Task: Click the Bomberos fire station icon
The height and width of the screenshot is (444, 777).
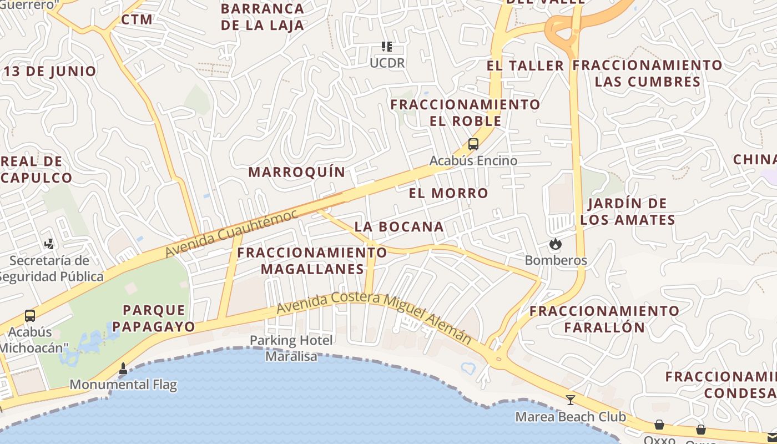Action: pos(554,244)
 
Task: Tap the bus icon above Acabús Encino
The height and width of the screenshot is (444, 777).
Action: pos(473,144)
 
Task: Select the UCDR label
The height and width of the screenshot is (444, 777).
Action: pos(387,63)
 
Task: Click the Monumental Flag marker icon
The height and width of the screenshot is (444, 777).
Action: pos(123,368)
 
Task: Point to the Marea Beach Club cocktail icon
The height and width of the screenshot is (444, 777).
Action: pos(570,400)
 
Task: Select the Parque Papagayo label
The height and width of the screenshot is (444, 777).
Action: pos(154,318)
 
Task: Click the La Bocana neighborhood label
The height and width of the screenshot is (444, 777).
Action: pos(399,226)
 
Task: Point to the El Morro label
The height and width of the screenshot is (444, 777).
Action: pos(448,193)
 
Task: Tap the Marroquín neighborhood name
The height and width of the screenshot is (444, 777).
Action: pos(296,172)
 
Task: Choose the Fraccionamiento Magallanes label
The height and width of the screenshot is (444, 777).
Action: pos(312,261)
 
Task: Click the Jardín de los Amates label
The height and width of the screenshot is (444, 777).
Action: pos(628,211)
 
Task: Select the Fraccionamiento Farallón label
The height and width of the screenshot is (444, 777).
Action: pos(604,319)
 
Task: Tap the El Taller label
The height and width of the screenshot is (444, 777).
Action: pos(525,65)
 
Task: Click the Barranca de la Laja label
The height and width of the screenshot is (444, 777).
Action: pos(263,17)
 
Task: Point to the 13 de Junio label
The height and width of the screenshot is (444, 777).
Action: pos(50,71)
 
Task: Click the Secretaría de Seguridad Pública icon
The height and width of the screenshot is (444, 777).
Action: pos(49,244)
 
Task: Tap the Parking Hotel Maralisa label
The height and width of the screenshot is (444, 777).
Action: pos(291,348)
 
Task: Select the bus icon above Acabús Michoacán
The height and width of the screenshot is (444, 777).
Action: pos(30,316)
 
